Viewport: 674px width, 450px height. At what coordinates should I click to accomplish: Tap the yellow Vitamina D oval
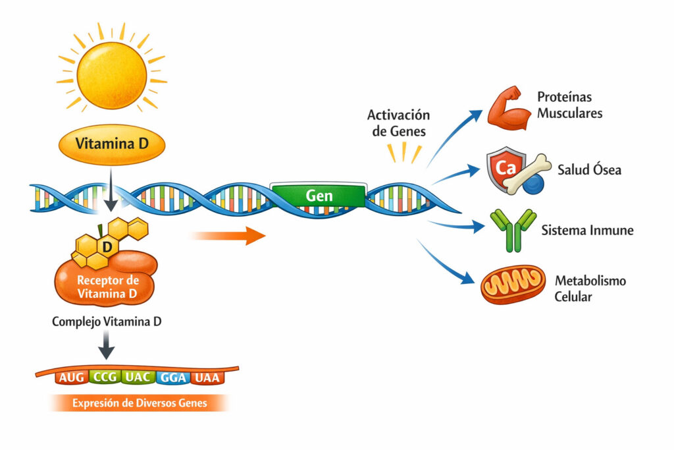click(x=111, y=144)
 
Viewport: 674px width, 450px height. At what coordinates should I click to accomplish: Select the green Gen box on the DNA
click(x=319, y=196)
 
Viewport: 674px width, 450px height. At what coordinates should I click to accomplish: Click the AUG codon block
click(x=71, y=378)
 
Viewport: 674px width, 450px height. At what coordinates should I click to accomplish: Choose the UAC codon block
click(x=139, y=378)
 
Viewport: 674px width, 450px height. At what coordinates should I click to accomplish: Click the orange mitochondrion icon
click(x=513, y=285)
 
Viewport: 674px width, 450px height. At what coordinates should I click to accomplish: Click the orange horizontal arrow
click(x=228, y=235)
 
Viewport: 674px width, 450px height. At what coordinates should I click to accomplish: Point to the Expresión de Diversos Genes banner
click(x=139, y=403)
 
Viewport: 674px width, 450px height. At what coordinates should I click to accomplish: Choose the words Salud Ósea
click(x=588, y=170)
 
